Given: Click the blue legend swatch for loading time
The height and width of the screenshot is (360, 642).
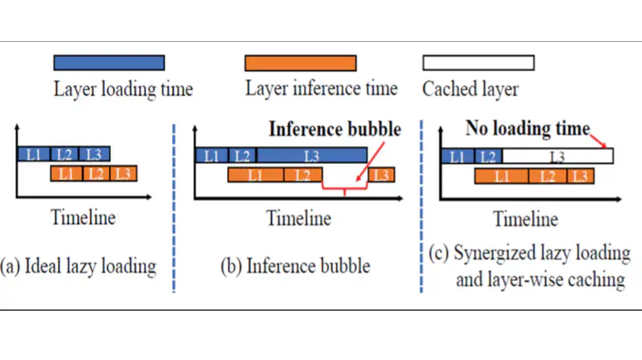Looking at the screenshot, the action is click(109, 62).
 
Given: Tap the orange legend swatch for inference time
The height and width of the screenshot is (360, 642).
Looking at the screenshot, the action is click(300, 63).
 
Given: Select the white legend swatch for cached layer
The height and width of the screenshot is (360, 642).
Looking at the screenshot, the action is click(479, 62).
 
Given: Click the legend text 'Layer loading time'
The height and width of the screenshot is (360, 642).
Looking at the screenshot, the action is click(123, 89).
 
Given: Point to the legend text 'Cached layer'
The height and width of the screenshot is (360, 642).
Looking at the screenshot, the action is click(471, 89).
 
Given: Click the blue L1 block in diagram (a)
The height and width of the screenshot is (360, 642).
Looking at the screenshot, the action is click(34, 154).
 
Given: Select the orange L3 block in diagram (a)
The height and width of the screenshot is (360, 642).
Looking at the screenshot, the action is click(123, 174).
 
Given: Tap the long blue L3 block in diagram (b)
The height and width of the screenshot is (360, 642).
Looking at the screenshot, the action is click(312, 156).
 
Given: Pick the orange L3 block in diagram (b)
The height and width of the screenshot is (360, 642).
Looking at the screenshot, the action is click(382, 175).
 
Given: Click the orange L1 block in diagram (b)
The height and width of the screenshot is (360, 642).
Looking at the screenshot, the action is click(256, 175).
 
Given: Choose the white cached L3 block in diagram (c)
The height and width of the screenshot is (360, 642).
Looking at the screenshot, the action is click(557, 156).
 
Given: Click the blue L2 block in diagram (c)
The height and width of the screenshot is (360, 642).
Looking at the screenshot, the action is click(488, 156).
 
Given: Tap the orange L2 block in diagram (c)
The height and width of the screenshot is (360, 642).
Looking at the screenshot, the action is click(547, 176).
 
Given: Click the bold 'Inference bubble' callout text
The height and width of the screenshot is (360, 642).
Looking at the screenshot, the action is click(335, 129).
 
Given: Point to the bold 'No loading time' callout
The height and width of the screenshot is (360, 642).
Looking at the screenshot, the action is click(528, 128).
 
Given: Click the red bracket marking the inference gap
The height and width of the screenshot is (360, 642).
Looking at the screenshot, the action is click(345, 189).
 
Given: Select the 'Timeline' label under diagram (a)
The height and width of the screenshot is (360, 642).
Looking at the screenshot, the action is click(83, 217).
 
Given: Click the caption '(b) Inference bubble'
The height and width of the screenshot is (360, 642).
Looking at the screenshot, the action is click(295, 266).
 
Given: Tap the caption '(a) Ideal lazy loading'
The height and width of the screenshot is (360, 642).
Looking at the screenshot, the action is click(78, 266).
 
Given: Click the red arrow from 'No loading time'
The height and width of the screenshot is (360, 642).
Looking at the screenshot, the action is click(598, 141).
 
